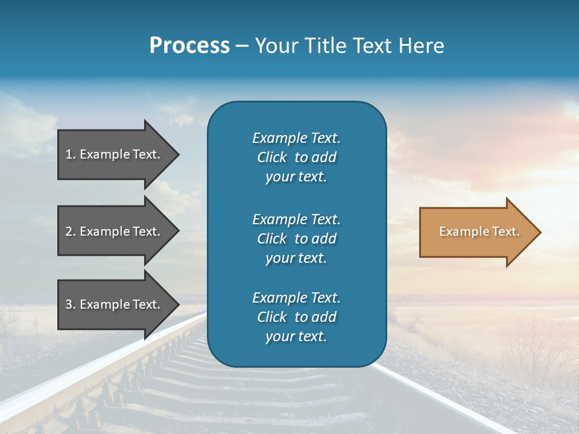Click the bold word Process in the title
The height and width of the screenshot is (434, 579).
coord(189,46)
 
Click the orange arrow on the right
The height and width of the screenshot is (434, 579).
coord(476,232)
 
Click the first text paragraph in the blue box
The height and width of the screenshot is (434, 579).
coord(296,157)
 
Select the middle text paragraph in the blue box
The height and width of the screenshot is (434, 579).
coord(296,238)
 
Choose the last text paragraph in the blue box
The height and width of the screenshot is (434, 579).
coord(296,317)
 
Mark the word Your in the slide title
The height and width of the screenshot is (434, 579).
coord(276,46)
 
